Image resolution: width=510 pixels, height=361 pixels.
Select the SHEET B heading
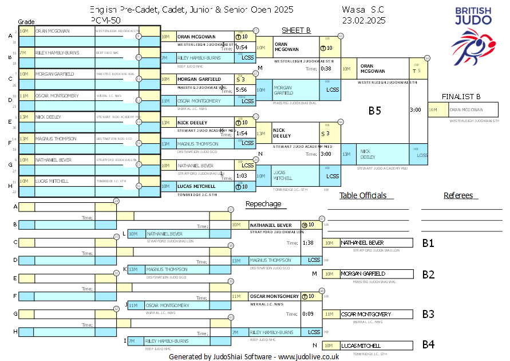(296, 30)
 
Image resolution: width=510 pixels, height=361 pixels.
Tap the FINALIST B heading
(461, 96)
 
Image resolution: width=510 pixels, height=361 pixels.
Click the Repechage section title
(263, 204)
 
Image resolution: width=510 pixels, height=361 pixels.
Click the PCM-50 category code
(105, 20)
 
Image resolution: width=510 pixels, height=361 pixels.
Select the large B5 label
(374, 111)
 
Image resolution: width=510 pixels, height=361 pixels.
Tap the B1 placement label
(428, 243)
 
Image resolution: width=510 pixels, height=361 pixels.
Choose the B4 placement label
(428, 345)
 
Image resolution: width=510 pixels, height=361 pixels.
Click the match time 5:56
(241, 90)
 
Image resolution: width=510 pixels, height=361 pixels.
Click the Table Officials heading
(363, 195)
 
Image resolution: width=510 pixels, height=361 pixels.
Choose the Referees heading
(458, 195)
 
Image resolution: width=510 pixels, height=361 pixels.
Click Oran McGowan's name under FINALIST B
(466, 110)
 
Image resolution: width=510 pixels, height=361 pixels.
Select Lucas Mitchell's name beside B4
(361, 346)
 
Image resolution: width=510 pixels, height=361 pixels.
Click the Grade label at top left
(26, 21)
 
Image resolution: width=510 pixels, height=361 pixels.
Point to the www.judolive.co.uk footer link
(309, 356)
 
